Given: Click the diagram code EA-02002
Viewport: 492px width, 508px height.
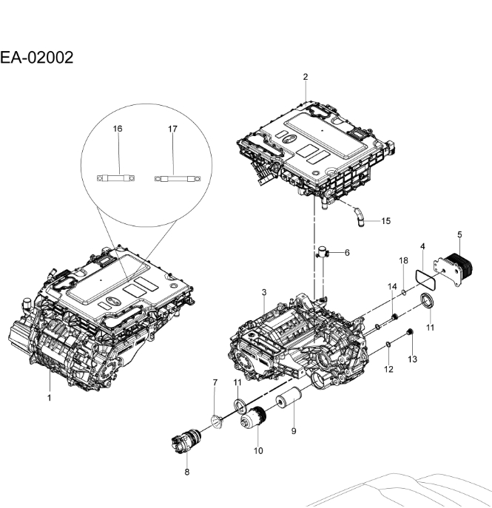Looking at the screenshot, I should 37,57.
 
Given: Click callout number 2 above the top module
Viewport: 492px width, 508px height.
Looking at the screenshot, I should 306,77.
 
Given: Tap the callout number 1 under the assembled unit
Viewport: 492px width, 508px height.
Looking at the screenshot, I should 50,398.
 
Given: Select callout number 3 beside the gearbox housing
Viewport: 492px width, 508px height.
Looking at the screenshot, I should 263,294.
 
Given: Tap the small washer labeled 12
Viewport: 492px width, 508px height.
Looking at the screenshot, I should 388,345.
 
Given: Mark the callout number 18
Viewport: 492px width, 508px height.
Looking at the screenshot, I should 404,261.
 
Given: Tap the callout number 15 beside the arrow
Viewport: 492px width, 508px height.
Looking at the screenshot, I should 386,220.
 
